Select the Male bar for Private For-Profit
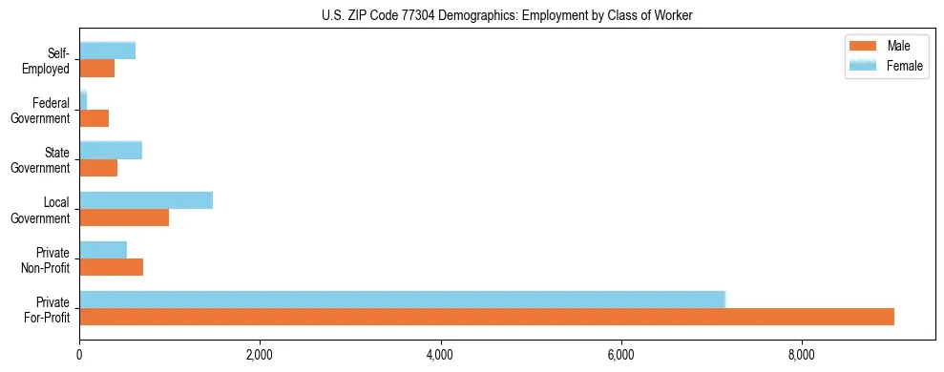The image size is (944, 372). pyautogui.click(x=487, y=317)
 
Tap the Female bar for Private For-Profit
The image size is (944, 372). pyautogui.click(x=402, y=300)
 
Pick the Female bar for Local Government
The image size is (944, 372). pyautogui.click(x=146, y=200)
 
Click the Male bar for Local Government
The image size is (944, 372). pyautogui.click(x=124, y=217)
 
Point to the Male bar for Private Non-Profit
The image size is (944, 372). pyautogui.click(x=111, y=267)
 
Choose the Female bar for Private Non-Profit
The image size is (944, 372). pyautogui.click(x=103, y=250)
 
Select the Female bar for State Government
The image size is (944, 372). pyautogui.click(x=111, y=150)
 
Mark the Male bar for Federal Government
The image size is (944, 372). pyautogui.click(x=94, y=118)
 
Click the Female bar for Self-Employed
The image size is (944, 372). pyautogui.click(x=107, y=51)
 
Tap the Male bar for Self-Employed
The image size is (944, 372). pyautogui.click(x=96, y=68)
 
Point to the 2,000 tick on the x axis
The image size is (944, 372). pyautogui.click(x=260, y=356)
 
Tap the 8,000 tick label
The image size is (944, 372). pyautogui.click(x=802, y=356)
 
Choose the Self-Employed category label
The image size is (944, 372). pyautogui.click(x=49, y=60)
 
